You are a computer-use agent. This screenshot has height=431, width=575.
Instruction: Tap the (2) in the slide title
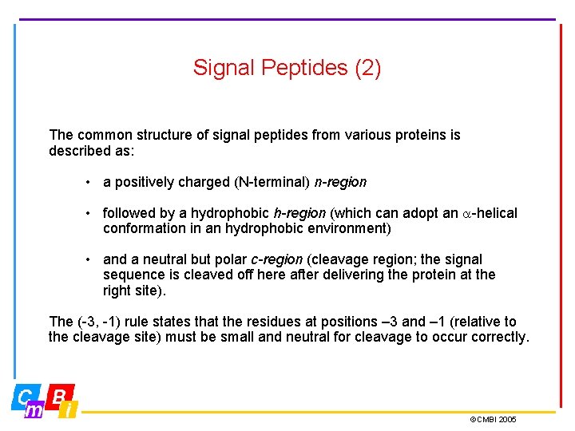click(x=367, y=69)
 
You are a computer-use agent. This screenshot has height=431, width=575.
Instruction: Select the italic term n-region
click(x=340, y=182)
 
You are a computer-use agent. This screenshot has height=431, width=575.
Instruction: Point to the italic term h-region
click(x=299, y=213)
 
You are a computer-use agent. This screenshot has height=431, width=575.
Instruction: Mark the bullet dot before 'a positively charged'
click(x=89, y=182)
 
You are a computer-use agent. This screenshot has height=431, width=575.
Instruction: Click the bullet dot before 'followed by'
click(x=89, y=213)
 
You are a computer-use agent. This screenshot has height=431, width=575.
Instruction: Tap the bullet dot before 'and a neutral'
click(x=89, y=259)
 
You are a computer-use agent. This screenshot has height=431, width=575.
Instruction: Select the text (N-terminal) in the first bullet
click(x=272, y=182)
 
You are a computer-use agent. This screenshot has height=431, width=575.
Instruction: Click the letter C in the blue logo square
click(x=26, y=396)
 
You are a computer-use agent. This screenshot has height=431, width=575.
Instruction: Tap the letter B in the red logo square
click(x=59, y=396)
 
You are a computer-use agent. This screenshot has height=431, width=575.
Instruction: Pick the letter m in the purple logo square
click(x=35, y=410)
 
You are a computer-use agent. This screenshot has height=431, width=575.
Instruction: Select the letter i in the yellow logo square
click(x=69, y=410)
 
